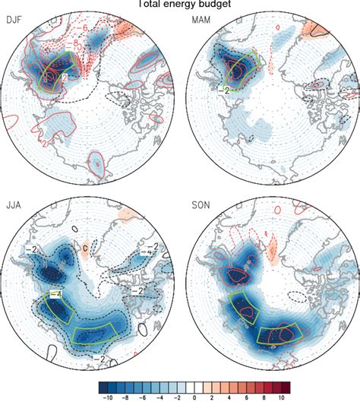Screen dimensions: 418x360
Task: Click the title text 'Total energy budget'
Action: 180,4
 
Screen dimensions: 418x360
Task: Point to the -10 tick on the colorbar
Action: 109,397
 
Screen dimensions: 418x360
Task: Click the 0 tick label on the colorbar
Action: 194,397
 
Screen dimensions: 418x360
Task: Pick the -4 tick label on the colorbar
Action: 160,397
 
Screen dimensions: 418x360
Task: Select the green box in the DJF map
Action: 58,73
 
